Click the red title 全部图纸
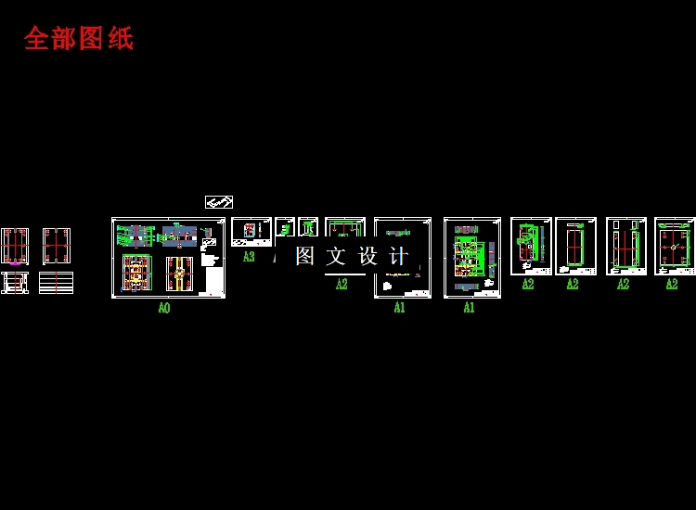click(x=79, y=38)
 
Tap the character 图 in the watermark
click(x=305, y=256)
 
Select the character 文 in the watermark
click(x=336, y=256)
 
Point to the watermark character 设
click(x=367, y=256)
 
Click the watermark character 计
click(x=398, y=256)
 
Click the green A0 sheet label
click(x=164, y=308)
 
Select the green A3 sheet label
click(x=249, y=257)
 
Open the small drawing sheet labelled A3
click(x=251, y=232)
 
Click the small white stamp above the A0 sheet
click(x=219, y=201)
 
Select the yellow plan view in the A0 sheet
click(x=135, y=274)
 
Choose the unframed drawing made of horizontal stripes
click(x=56, y=283)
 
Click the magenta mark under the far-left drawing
click(x=14, y=265)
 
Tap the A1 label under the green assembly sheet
click(x=469, y=308)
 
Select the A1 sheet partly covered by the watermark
click(x=403, y=258)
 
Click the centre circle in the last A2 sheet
click(x=673, y=248)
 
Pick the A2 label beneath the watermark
click(x=342, y=285)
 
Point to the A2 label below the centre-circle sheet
click(x=672, y=285)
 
